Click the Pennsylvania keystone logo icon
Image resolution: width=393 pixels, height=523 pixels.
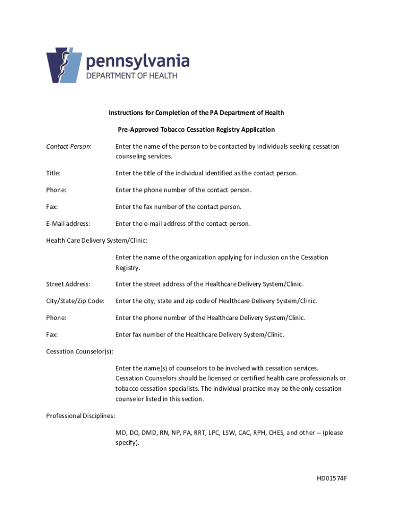(x=64, y=66)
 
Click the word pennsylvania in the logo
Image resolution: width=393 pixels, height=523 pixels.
(x=138, y=62)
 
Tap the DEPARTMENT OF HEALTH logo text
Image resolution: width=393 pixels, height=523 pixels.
(x=131, y=76)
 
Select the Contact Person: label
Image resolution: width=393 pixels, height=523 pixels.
(x=69, y=147)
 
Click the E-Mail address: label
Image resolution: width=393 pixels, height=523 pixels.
(x=68, y=224)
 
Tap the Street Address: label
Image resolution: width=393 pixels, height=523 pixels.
(x=68, y=284)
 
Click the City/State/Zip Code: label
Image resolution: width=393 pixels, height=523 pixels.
(x=75, y=301)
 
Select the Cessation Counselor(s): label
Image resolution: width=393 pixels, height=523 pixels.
(x=80, y=351)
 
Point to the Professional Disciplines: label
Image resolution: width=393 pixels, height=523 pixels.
(x=81, y=416)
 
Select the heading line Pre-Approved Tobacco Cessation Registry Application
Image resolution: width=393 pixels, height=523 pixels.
(x=195, y=130)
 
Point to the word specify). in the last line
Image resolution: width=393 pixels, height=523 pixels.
(x=127, y=443)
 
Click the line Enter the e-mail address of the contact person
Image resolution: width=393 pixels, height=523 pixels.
(x=183, y=224)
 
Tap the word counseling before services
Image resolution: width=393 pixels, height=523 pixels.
(x=131, y=156)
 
